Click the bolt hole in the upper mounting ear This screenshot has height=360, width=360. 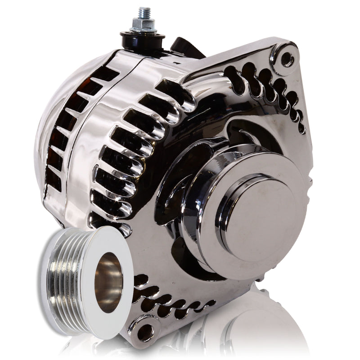pyautogui.click(x=287, y=58)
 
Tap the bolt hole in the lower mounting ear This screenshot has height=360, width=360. pyautogui.click(x=145, y=333)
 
